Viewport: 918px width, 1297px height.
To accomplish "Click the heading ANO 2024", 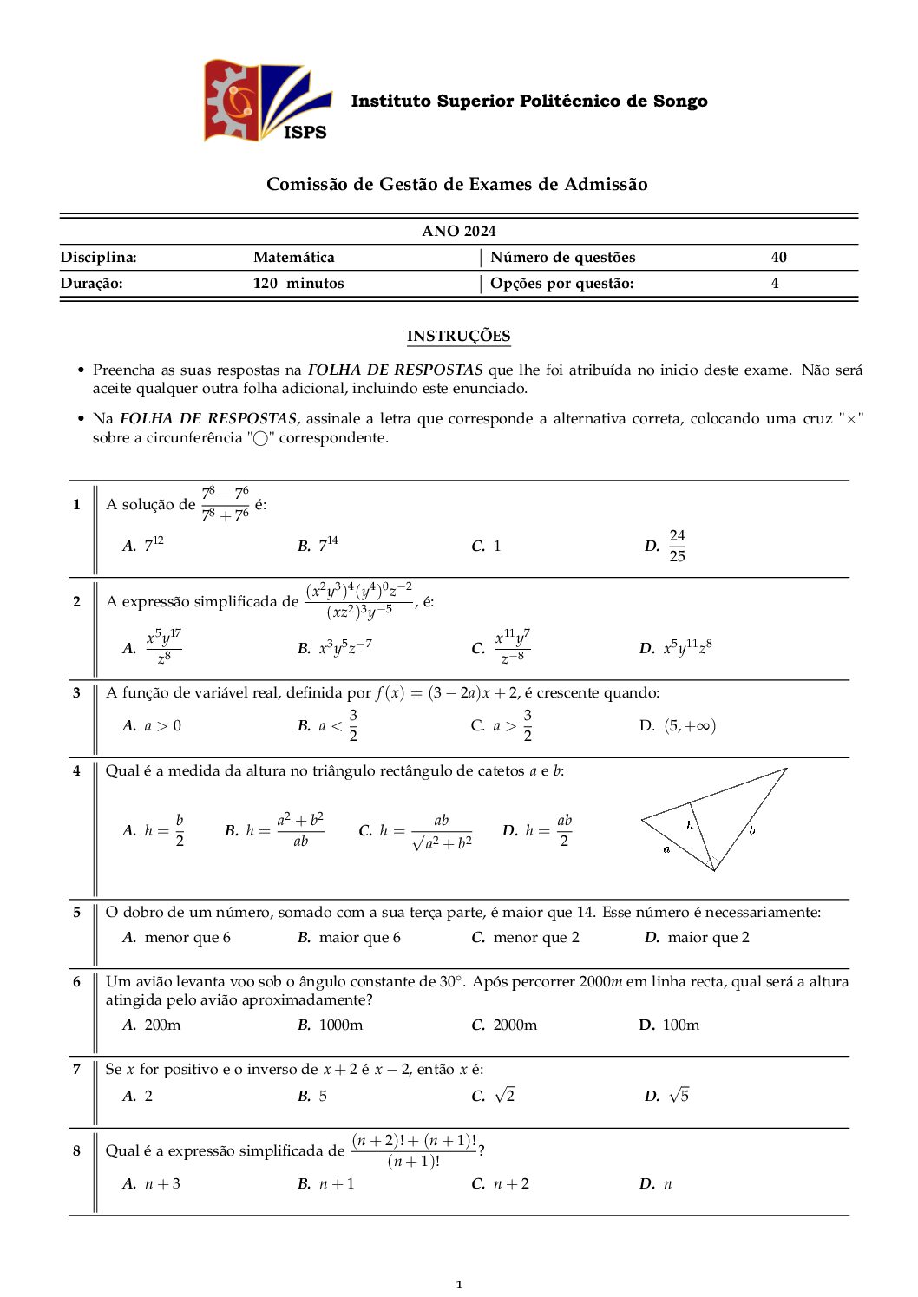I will click(x=458, y=231).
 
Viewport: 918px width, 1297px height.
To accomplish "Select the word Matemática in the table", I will click(x=293, y=257).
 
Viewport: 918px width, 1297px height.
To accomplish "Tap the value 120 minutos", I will click(x=298, y=283).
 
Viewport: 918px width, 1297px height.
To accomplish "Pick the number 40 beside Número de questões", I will click(x=778, y=257).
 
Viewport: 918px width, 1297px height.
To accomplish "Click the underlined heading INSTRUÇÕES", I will click(x=458, y=336).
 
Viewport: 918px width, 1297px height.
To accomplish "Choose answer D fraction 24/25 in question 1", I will click(x=676, y=546).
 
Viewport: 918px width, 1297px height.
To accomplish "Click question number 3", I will click(x=76, y=692).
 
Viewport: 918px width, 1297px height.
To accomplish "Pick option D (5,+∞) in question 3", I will click(x=689, y=726).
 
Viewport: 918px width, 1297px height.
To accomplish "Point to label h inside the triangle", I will click(x=690, y=825).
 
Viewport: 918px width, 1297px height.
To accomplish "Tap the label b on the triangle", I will click(x=751, y=830).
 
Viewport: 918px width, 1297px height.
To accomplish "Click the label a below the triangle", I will click(x=666, y=849).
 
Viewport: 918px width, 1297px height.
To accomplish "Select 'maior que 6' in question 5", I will click(x=359, y=937).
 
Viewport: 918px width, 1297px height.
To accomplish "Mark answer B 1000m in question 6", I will click(x=340, y=1025).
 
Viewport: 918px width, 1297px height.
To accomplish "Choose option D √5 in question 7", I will click(x=679, y=1096).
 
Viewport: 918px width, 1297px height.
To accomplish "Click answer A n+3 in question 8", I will click(x=162, y=1183).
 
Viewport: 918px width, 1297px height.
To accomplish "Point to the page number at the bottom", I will click(x=459, y=1284).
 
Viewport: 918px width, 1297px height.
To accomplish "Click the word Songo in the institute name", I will click(x=680, y=101).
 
